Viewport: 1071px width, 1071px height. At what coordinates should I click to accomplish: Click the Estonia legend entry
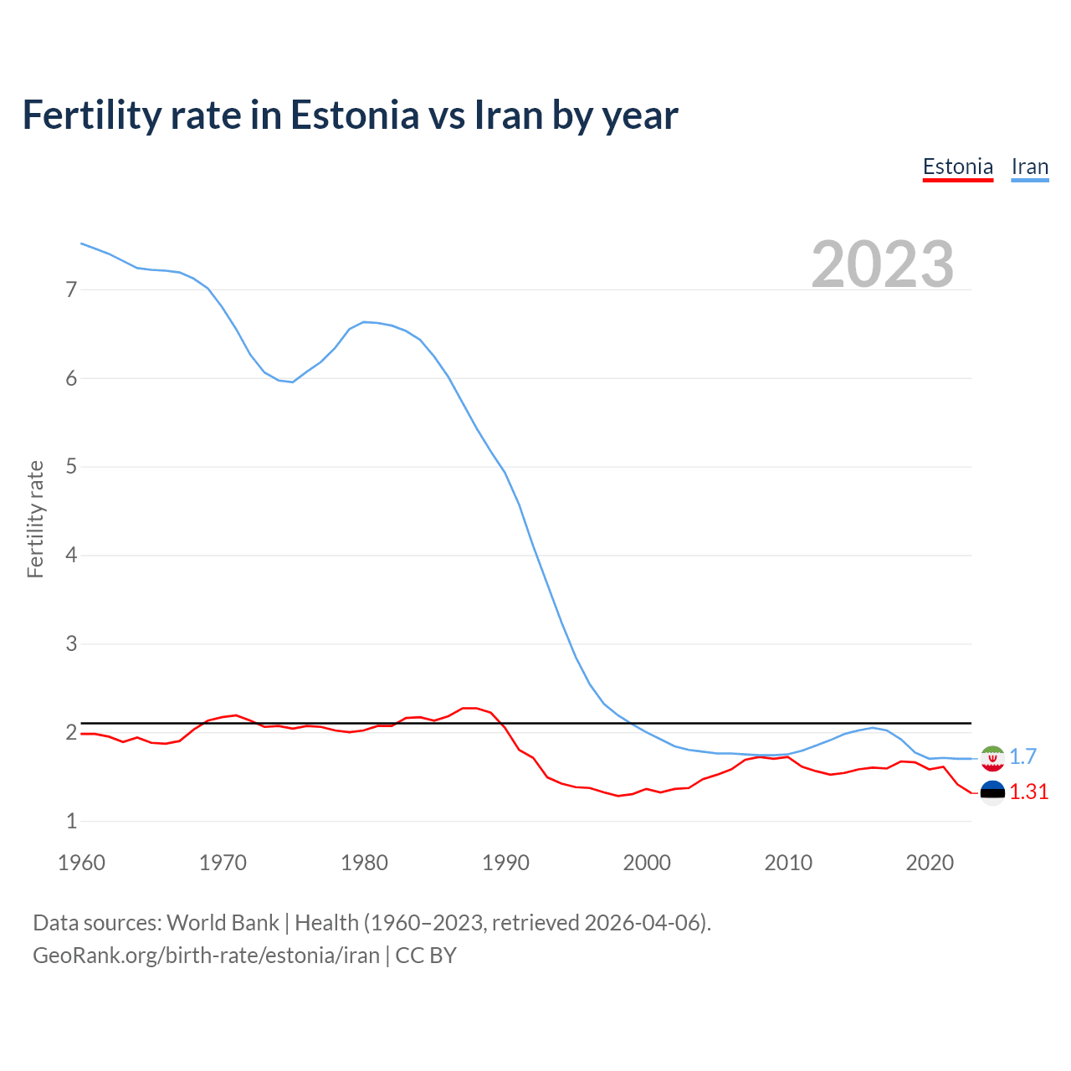point(957,167)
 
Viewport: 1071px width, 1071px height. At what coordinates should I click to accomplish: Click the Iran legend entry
point(1029,167)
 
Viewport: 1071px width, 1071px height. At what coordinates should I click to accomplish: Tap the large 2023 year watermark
point(882,264)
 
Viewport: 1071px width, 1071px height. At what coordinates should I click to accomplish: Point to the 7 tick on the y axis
point(71,290)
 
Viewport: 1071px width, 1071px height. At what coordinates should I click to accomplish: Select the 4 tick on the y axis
point(71,555)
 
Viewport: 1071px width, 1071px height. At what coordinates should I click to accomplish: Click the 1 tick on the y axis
point(71,821)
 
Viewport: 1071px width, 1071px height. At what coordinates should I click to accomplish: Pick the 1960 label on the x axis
point(81,863)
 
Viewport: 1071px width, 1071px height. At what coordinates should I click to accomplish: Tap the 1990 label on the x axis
point(505,863)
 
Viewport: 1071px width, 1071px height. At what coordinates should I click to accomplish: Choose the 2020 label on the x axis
point(930,863)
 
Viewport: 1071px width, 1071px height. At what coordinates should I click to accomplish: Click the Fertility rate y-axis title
point(35,519)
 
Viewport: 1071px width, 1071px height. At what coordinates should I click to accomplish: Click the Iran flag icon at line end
point(992,757)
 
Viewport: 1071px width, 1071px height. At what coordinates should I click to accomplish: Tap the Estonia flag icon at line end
point(992,792)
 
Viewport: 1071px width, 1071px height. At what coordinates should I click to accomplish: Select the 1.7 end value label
point(1022,756)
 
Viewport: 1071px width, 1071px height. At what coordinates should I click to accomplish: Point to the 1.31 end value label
point(1028,792)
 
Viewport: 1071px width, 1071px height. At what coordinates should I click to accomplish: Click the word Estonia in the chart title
point(354,115)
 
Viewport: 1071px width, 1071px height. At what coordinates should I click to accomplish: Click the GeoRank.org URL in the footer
point(206,955)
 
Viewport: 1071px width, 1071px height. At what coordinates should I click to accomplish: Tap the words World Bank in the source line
point(223,922)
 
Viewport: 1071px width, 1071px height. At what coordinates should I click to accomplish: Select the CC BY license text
point(426,955)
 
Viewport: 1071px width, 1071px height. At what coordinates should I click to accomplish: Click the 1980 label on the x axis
point(364,863)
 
